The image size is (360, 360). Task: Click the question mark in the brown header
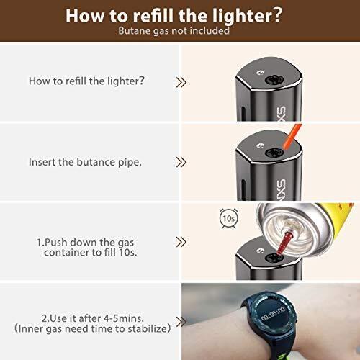(277, 15)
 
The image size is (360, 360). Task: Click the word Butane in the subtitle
(134, 31)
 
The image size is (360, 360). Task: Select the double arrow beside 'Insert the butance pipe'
(181, 162)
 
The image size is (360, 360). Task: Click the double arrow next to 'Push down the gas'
(181, 242)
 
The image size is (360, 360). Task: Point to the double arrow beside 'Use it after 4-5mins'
(181, 322)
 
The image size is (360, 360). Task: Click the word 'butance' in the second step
(96, 162)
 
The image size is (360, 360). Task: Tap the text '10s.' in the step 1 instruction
(128, 252)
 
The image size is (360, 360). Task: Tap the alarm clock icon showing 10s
(229, 218)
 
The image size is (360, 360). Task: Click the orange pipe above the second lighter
(292, 136)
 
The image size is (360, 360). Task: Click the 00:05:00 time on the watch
(273, 313)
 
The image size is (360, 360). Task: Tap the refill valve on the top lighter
(274, 80)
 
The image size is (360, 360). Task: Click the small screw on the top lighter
(261, 72)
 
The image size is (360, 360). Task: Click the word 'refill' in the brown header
(153, 16)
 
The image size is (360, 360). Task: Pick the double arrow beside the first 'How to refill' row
(181, 82)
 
